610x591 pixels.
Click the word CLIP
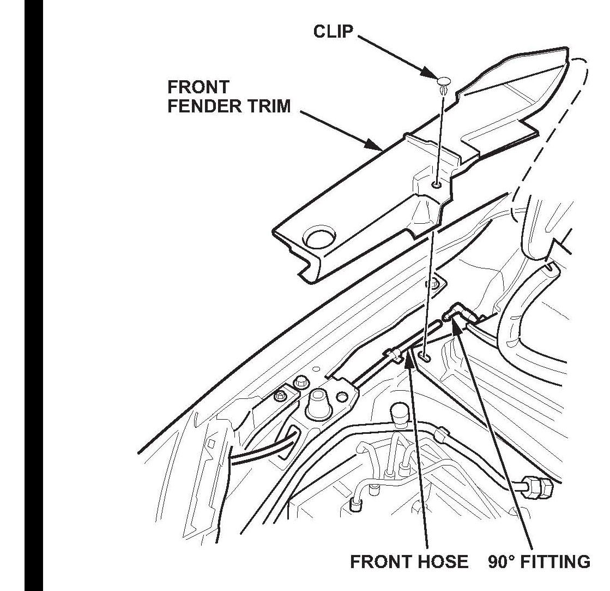click(333, 31)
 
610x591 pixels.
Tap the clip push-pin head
click(445, 82)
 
